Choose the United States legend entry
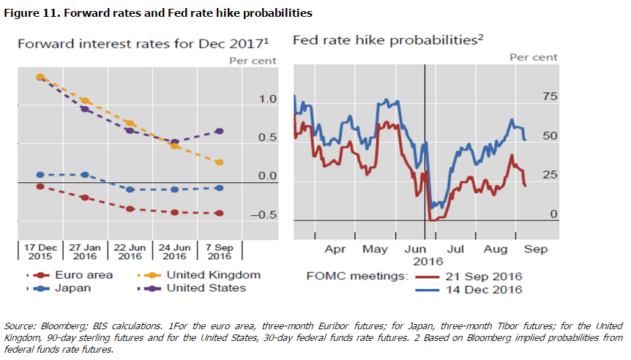pyautogui.click(x=206, y=288)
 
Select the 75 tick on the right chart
pyautogui.click(x=549, y=97)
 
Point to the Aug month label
pyautogui.click(x=496, y=250)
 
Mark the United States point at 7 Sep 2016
pyautogui.click(x=220, y=131)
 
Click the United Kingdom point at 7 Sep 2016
pyautogui.click(x=220, y=162)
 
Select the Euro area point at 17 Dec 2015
pyautogui.click(x=40, y=187)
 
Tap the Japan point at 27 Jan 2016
pyautogui.click(x=85, y=175)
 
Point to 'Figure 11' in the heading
pyautogui.click(x=29, y=13)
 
